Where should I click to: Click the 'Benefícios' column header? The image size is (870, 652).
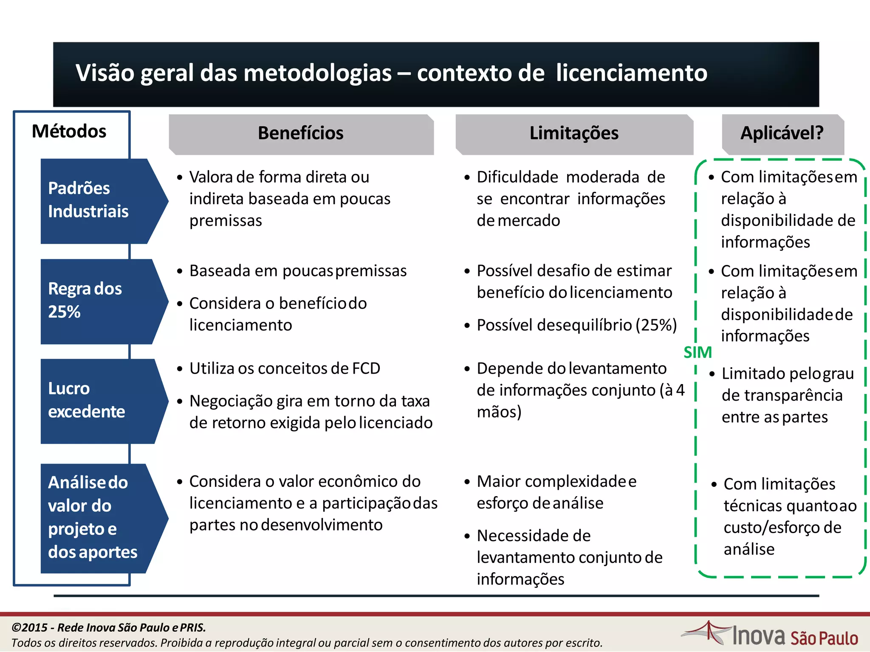pyautogui.click(x=301, y=133)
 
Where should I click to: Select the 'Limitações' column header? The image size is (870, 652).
pyautogui.click(x=574, y=133)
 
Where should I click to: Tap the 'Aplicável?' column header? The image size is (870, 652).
pyautogui.click(x=782, y=133)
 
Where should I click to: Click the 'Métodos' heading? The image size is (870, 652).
pyautogui.click(x=69, y=132)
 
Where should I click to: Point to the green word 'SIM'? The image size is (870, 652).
pyautogui.click(x=698, y=352)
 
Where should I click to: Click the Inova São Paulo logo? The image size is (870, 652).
pyautogui.click(x=770, y=635)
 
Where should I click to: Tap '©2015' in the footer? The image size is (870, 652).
pyautogui.click(x=29, y=627)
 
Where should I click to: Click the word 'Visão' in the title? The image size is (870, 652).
pyautogui.click(x=105, y=73)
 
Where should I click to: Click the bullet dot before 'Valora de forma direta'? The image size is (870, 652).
pyautogui.click(x=180, y=177)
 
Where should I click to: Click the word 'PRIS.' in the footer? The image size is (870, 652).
pyautogui.click(x=193, y=627)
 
